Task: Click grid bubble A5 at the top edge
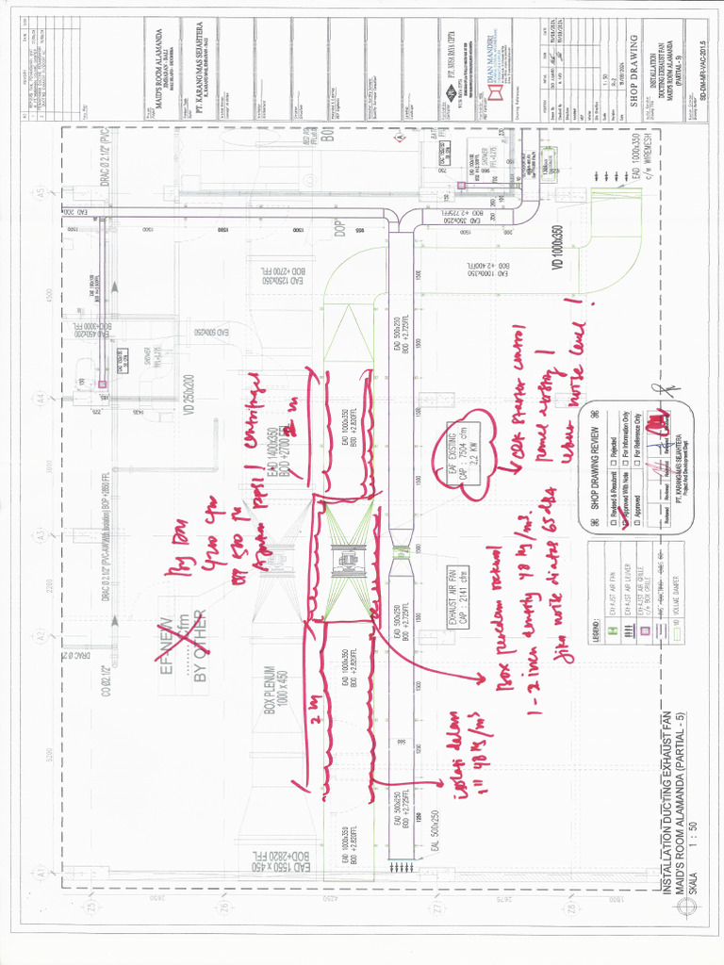click(x=41, y=193)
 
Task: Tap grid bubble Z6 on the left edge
click(x=223, y=906)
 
